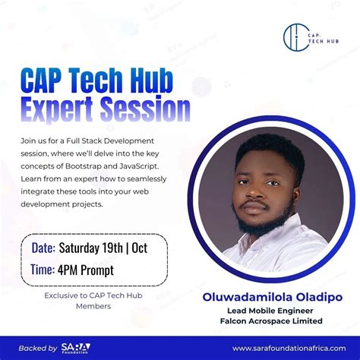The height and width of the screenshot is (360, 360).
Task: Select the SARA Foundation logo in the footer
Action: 75,348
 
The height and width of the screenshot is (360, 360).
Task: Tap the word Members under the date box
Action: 93,306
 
